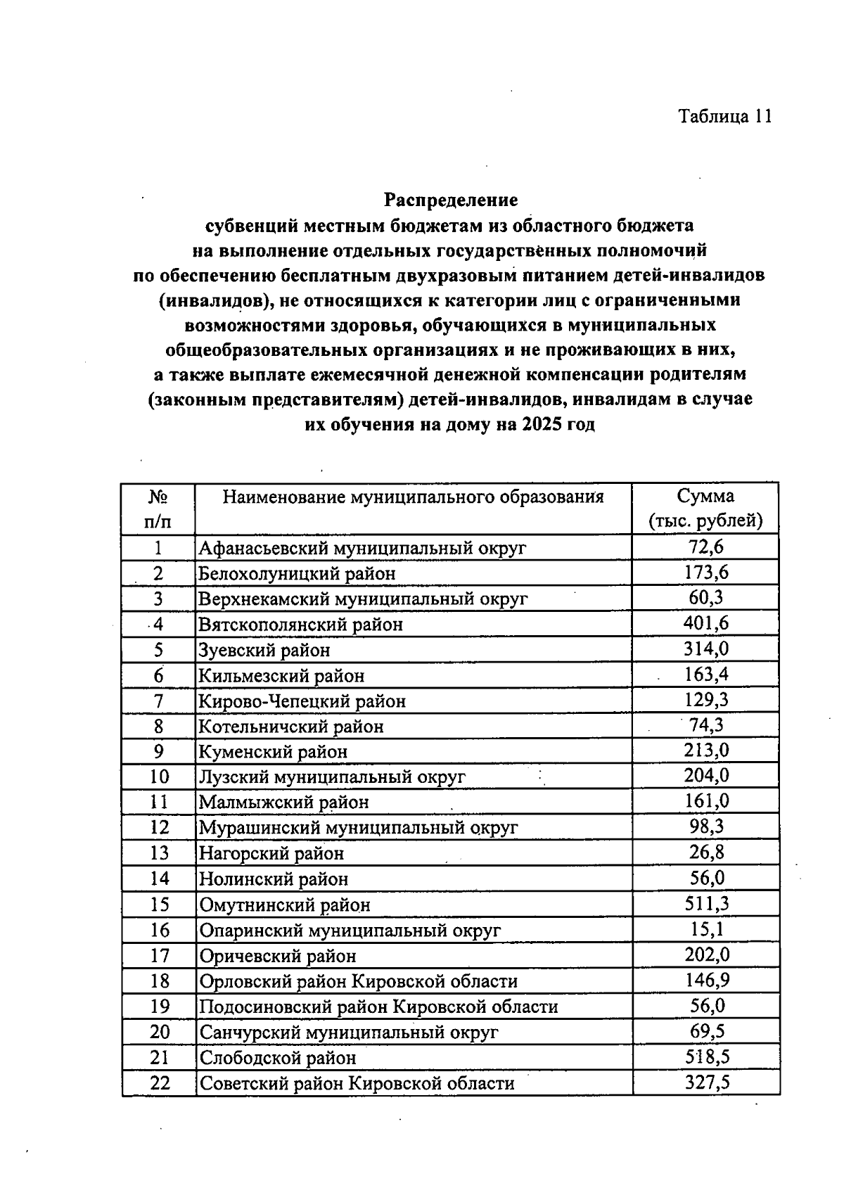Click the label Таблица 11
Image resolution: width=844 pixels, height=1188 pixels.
(725, 116)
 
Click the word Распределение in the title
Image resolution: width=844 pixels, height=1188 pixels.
(450, 200)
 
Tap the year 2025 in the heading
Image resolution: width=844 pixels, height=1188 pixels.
(542, 426)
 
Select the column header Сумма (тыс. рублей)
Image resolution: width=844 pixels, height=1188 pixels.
(705, 509)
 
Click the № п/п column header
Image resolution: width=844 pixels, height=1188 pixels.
(158, 509)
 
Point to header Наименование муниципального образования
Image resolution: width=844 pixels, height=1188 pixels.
(414, 497)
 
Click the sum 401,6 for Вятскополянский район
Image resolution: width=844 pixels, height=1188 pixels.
(706, 623)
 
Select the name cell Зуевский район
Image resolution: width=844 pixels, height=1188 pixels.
(264, 650)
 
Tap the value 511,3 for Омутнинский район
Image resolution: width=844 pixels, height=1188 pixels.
(707, 903)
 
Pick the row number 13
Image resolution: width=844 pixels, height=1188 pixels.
(160, 853)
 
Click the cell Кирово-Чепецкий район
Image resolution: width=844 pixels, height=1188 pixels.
(302, 701)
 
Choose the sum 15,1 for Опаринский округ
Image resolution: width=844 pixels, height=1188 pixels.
(707, 929)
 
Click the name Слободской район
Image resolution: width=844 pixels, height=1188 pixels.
(278, 1058)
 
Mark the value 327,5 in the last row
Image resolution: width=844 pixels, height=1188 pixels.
(707, 1082)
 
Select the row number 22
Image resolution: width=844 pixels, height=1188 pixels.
(160, 1083)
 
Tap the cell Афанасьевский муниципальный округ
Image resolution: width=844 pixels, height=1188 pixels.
(362, 548)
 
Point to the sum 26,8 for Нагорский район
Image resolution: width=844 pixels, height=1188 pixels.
(707, 852)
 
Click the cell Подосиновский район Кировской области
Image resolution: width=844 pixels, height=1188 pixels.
(378, 1007)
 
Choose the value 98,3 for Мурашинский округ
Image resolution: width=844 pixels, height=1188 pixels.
(707, 826)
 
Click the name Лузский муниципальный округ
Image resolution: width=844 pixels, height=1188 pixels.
(332, 777)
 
